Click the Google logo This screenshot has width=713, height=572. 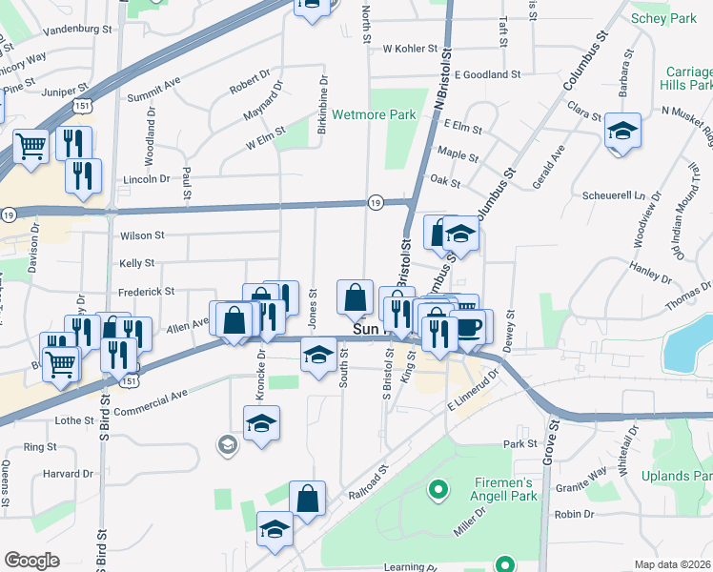(32, 561)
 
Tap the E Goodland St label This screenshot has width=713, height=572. (487, 73)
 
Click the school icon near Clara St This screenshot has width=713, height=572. (622, 132)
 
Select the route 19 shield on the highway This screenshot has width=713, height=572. (376, 202)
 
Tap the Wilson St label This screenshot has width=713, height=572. (142, 235)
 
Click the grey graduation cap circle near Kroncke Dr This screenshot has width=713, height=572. (227, 444)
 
